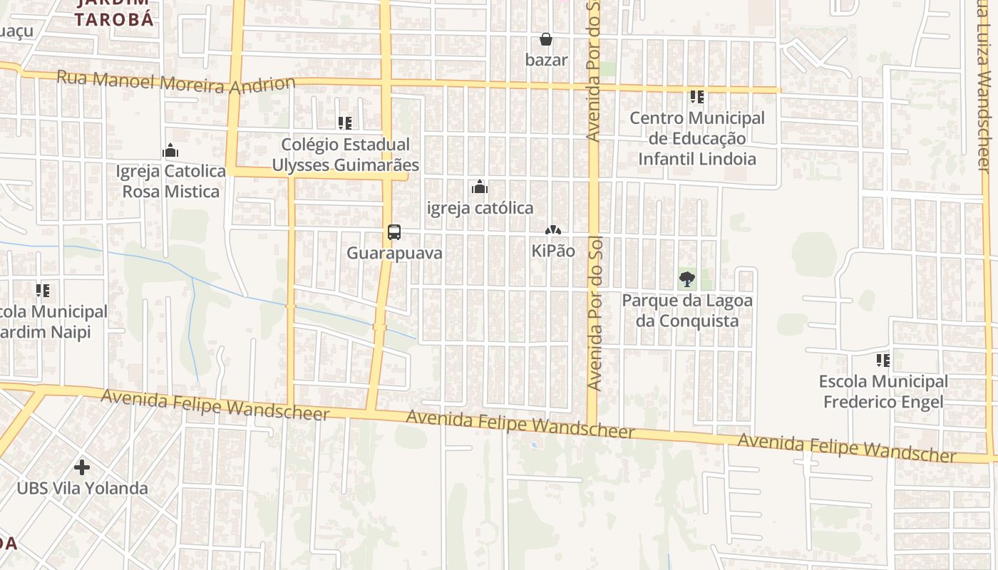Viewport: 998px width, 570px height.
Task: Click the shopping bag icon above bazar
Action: [546, 39]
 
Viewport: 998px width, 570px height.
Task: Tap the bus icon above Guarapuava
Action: [394, 232]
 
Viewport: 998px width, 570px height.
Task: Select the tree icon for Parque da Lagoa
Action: [687, 279]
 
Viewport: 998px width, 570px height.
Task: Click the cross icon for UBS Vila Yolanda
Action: [82, 467]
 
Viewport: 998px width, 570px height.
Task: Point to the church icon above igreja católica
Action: [480, 187]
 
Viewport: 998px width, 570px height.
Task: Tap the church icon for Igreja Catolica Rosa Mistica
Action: [170, 151]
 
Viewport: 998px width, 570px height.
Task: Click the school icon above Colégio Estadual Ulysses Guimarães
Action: [345, 123]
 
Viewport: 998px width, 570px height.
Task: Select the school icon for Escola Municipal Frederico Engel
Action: [883, 361]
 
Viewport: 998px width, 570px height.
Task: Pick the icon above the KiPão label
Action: [552, 231]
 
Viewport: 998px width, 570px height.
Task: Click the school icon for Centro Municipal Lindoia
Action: [696, 97]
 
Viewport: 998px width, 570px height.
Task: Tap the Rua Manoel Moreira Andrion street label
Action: [175, 83]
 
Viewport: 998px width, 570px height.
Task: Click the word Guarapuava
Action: [394, 253]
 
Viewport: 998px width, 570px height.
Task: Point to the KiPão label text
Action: [553, 251]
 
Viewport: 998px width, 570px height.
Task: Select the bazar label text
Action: [547, 60]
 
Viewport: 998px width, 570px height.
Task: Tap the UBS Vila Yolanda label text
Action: [82, 489]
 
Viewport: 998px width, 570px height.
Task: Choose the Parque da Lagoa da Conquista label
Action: [687, 311]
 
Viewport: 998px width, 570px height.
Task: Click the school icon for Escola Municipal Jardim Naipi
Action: [43, 291]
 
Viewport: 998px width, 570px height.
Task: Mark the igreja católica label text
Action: [480, 208]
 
